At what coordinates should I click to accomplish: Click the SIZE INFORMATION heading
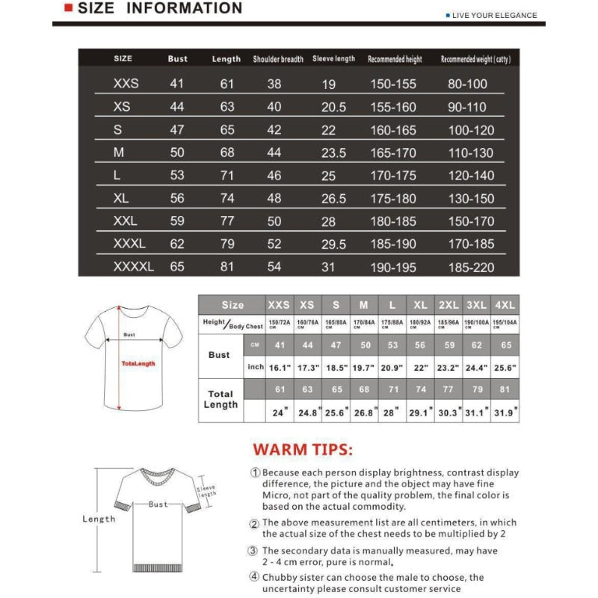pos(160,9)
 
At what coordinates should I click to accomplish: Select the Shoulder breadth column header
pos(278,59)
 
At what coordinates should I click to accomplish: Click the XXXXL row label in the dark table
pos(133,266)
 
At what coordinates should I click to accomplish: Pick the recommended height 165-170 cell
pos(394,152)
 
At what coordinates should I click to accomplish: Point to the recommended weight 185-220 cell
pos(471,266)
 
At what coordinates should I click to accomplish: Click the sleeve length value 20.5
pos(333,107)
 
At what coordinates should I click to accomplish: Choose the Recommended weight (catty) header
pos(475,59)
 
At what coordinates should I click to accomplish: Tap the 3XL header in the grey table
pos(476,305)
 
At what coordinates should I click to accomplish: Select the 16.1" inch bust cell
pos(280,368)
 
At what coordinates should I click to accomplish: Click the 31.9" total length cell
pos(505,412)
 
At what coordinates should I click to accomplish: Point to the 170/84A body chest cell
pos(364,324)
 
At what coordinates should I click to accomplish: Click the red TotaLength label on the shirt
pos(138,363)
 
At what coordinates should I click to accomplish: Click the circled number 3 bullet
pos(255,551)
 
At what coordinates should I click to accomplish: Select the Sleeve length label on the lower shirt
pos(206,490)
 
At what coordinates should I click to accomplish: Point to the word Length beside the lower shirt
pos(99,519)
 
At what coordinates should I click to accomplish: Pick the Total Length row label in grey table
pos(221,399)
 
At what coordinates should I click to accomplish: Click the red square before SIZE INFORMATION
pos(68,9)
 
